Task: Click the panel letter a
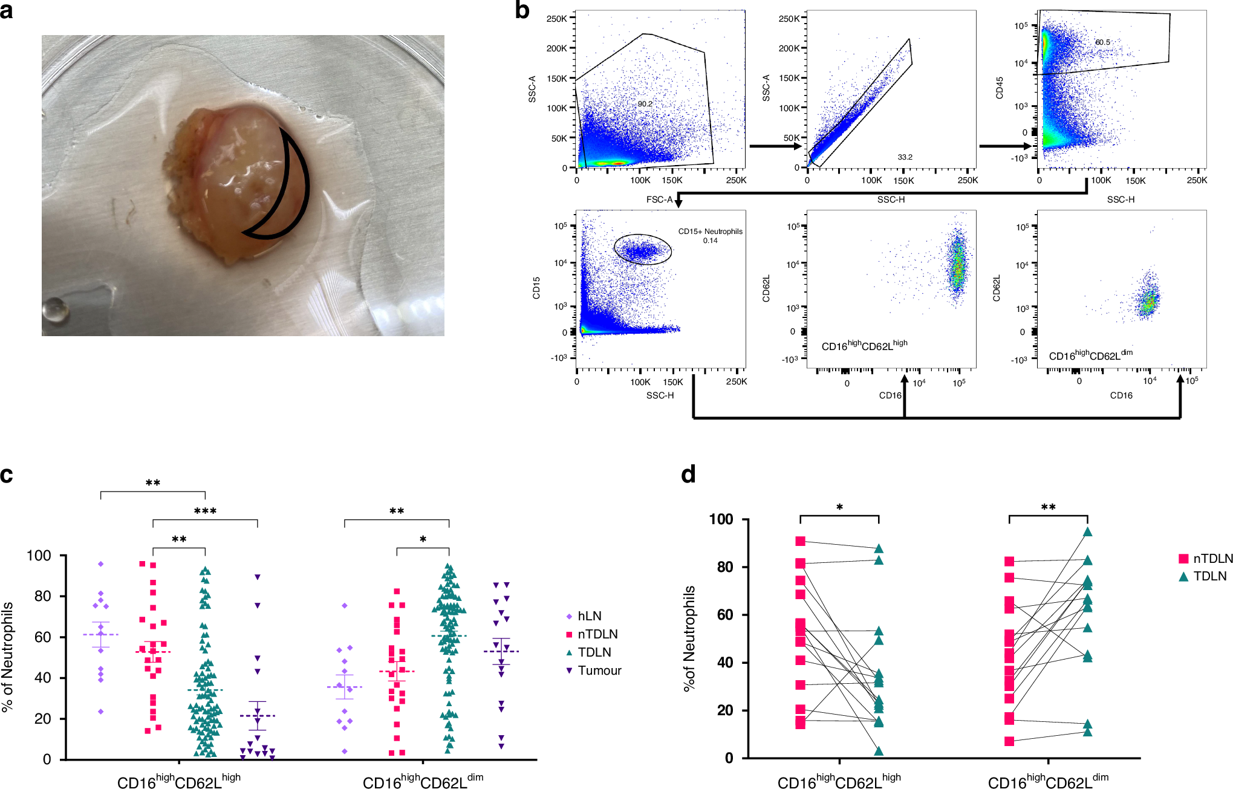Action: coord(7,11)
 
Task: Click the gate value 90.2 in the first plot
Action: coord(645,104)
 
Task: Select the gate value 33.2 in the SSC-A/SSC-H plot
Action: coord(905,157)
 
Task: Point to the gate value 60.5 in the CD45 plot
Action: coord(1102,42)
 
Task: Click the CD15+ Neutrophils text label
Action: coord(710,232)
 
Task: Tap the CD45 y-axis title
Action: coord(1000,88)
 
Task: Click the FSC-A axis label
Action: coord(659,200)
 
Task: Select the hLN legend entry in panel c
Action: coord(588,616)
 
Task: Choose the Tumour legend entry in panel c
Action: coord(599,670)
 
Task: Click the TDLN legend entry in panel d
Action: coord(1209,576)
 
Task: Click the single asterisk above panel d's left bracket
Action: coord(839,508)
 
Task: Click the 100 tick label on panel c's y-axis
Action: coord(39,556)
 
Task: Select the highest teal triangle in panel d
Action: coord(1087,533)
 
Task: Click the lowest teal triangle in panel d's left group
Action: coord(879,752)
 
